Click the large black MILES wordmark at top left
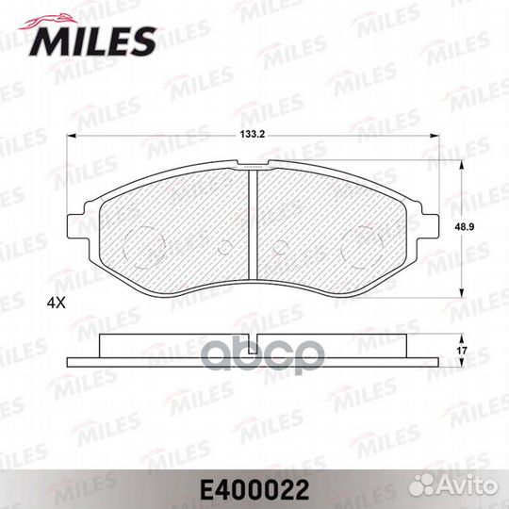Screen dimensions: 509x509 point(94,40)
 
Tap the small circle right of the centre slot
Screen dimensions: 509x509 point(281,248)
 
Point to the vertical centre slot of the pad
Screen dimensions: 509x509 point(254,226)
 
